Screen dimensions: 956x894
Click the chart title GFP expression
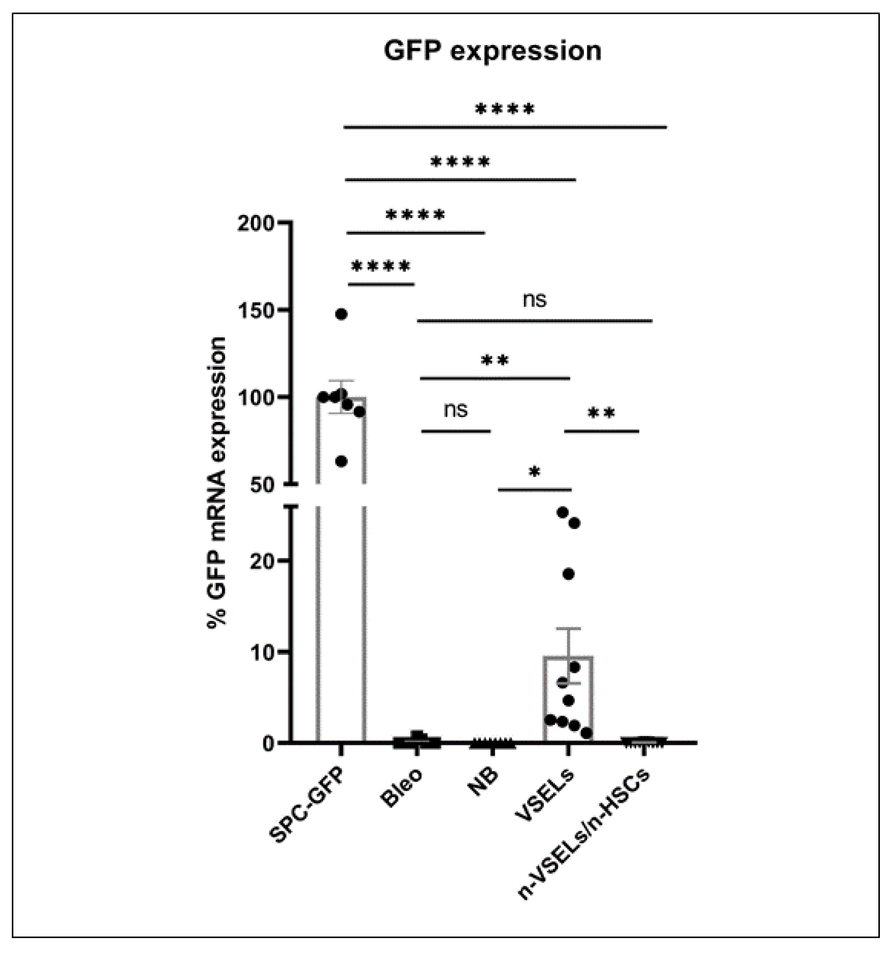click(x=492, y=51)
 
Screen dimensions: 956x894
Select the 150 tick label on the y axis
click(x=256, y=310)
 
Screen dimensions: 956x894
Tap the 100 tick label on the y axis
click(x=256, y=397)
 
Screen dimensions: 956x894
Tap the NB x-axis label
click(x=482, y=781)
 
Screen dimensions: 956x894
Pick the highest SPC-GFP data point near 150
click(x=341, y=314)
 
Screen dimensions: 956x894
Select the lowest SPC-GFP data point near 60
click(x=341, y=462)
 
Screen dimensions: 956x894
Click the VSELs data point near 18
click(x=568, y=574)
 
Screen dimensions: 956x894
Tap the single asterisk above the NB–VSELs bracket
click(x=534, y=472)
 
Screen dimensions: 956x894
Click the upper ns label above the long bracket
click(x=535, y=300)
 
